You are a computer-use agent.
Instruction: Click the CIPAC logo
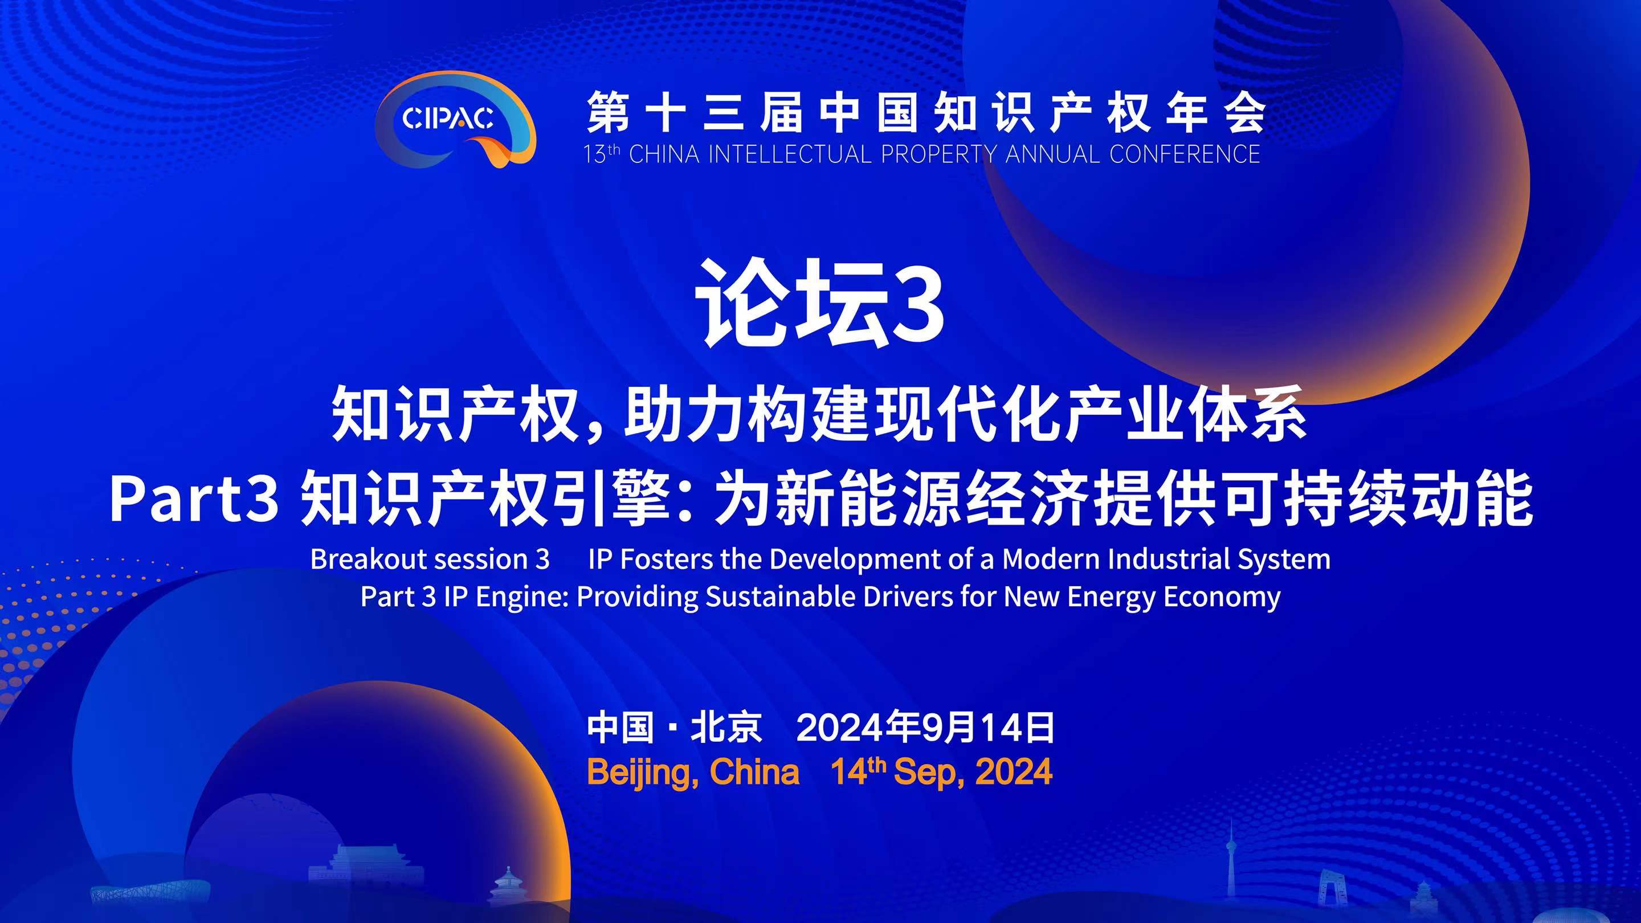point(455,119)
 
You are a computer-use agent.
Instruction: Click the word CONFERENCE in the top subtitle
point(1184,155)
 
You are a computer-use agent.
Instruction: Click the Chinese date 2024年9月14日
point(925,728)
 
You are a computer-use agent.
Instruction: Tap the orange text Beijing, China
point(693,773)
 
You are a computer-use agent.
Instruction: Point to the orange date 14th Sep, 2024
point(941,772)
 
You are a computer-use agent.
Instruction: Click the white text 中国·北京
point(675,728)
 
